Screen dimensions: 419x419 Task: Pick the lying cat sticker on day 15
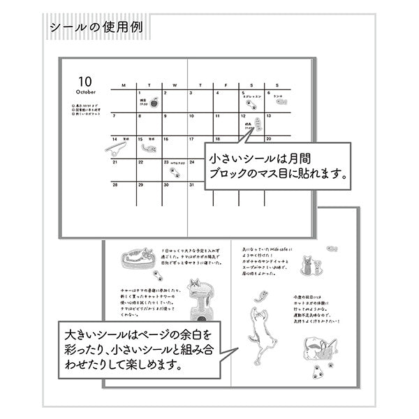point(148,147)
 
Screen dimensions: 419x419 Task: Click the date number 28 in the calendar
point(115,186)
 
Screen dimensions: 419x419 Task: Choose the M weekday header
point(124,85)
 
